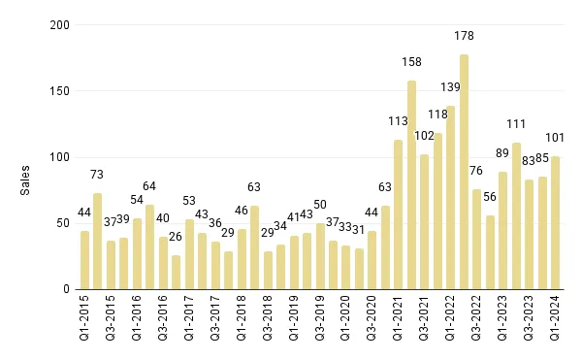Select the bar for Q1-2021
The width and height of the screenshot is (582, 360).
coord(399,214)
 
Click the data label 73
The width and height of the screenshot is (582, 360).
coord(97,175)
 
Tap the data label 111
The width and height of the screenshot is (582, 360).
coord(516,124)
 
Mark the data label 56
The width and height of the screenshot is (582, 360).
coord(490,197)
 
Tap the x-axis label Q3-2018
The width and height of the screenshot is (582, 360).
coord(268,319)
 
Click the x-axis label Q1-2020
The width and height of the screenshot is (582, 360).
coord(346,319)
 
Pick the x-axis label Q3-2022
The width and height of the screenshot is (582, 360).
coord(477,319)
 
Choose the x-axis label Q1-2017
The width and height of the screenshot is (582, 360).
coord(189,319)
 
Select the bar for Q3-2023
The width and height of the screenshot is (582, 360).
coord(530,234)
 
